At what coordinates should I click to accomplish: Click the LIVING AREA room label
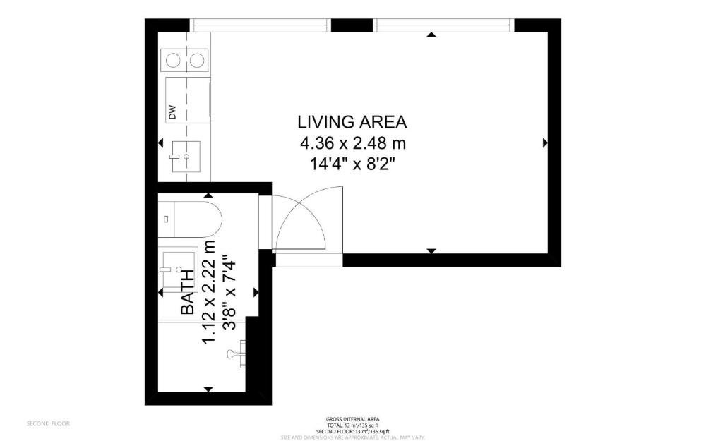point(352,121)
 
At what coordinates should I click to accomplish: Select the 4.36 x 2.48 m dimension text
point(352,143)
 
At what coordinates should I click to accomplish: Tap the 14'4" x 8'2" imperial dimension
point(352,165)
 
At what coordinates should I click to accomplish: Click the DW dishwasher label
point(172,111)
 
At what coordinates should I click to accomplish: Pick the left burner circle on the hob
point(172,60)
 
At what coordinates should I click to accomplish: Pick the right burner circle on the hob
point(198,60)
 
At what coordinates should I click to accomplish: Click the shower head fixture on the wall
point(236,351)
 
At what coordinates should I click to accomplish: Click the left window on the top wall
point(261,25)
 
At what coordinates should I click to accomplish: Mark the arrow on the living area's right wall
point(545,143)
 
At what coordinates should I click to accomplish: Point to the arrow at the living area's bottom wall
point(431,250)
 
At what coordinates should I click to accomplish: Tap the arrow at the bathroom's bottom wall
point(208,389)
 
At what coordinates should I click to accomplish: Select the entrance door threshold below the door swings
point(309,260)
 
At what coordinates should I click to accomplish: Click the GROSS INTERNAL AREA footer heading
point(352,418)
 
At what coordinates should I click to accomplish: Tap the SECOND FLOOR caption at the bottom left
point(48,424)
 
